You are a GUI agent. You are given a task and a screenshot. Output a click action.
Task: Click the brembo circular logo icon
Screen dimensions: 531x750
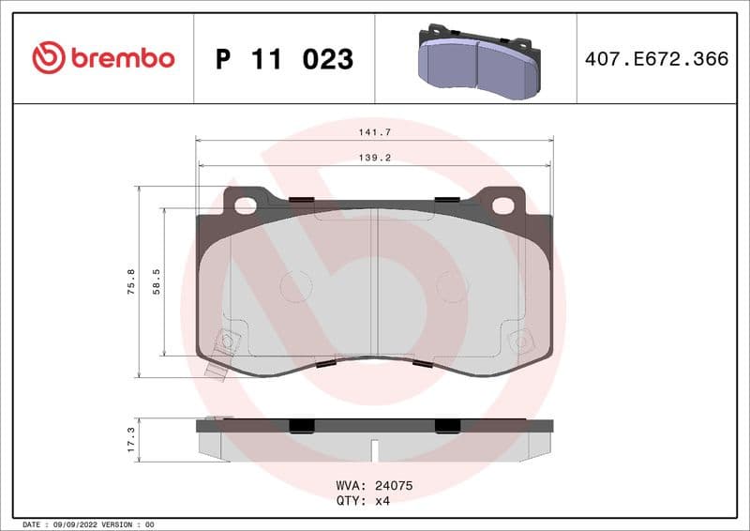49,58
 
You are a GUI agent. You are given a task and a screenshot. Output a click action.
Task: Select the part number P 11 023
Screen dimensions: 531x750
284,59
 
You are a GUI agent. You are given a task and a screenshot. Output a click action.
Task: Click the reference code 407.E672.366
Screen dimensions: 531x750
656,59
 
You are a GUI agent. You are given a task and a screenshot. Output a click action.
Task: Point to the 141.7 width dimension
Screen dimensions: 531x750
374,133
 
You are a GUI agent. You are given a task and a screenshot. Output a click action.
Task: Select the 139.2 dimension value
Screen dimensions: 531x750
374,159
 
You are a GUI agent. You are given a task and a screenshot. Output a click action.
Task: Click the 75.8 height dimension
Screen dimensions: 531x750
130,281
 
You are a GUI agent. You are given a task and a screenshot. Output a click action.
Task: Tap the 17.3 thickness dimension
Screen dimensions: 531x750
130,440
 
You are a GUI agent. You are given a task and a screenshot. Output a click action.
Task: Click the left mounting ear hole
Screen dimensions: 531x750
247,205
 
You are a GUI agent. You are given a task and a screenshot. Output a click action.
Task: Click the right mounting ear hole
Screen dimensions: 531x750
502,205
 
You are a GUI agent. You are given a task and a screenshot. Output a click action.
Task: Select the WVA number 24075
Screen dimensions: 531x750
394,487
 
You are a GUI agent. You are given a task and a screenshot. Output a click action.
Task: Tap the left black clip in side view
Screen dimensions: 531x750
301,426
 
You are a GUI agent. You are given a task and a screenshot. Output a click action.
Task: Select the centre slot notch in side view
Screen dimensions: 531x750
374,449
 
